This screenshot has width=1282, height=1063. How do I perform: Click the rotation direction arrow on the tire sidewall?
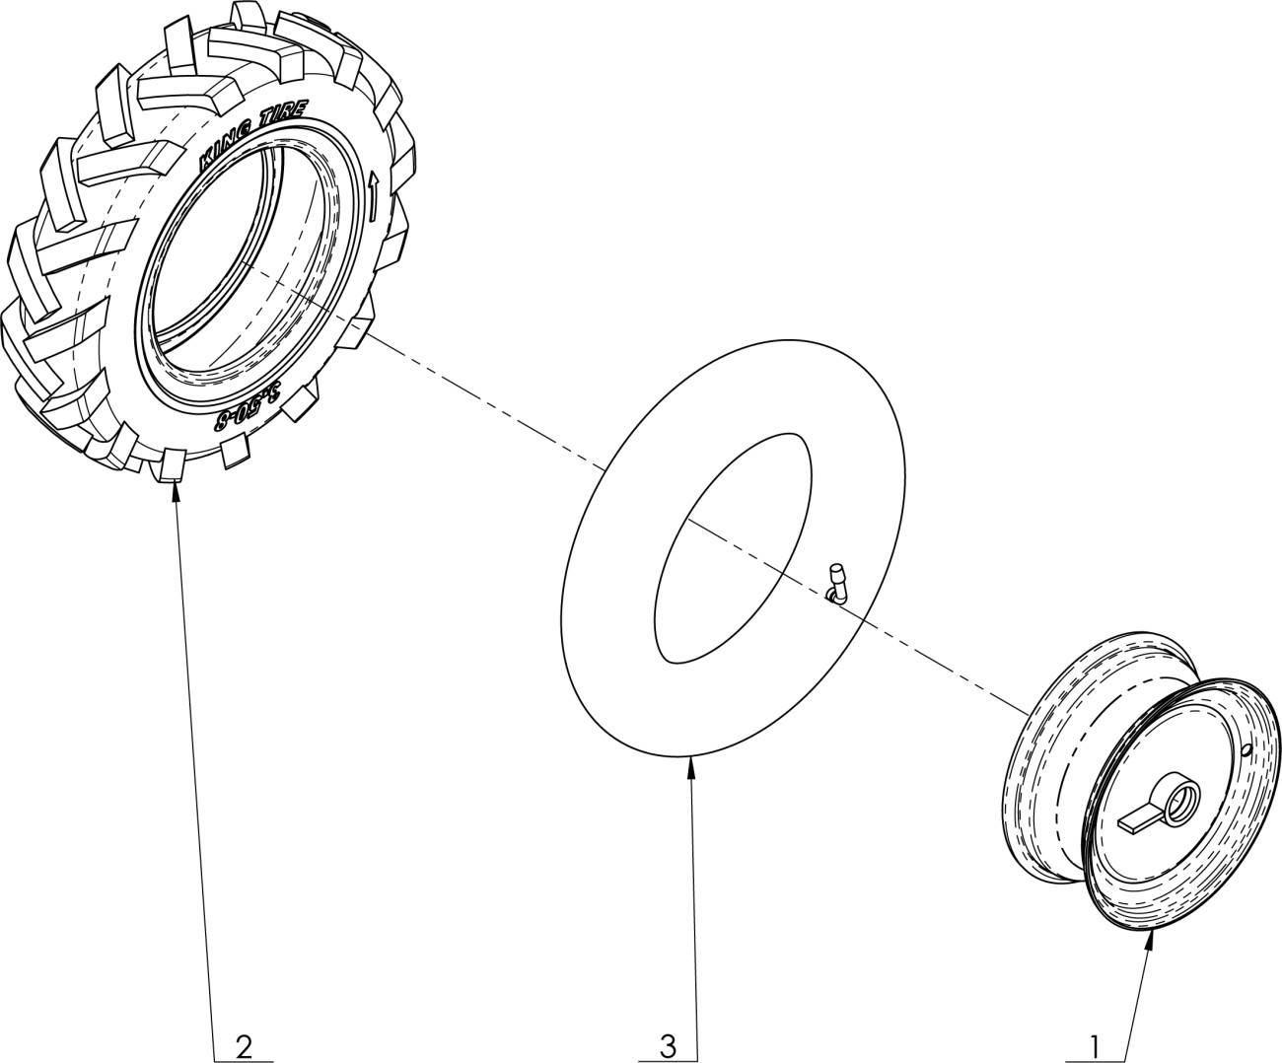374,196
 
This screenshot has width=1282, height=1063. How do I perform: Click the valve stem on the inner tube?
836,583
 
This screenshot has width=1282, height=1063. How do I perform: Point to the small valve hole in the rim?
1248,751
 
